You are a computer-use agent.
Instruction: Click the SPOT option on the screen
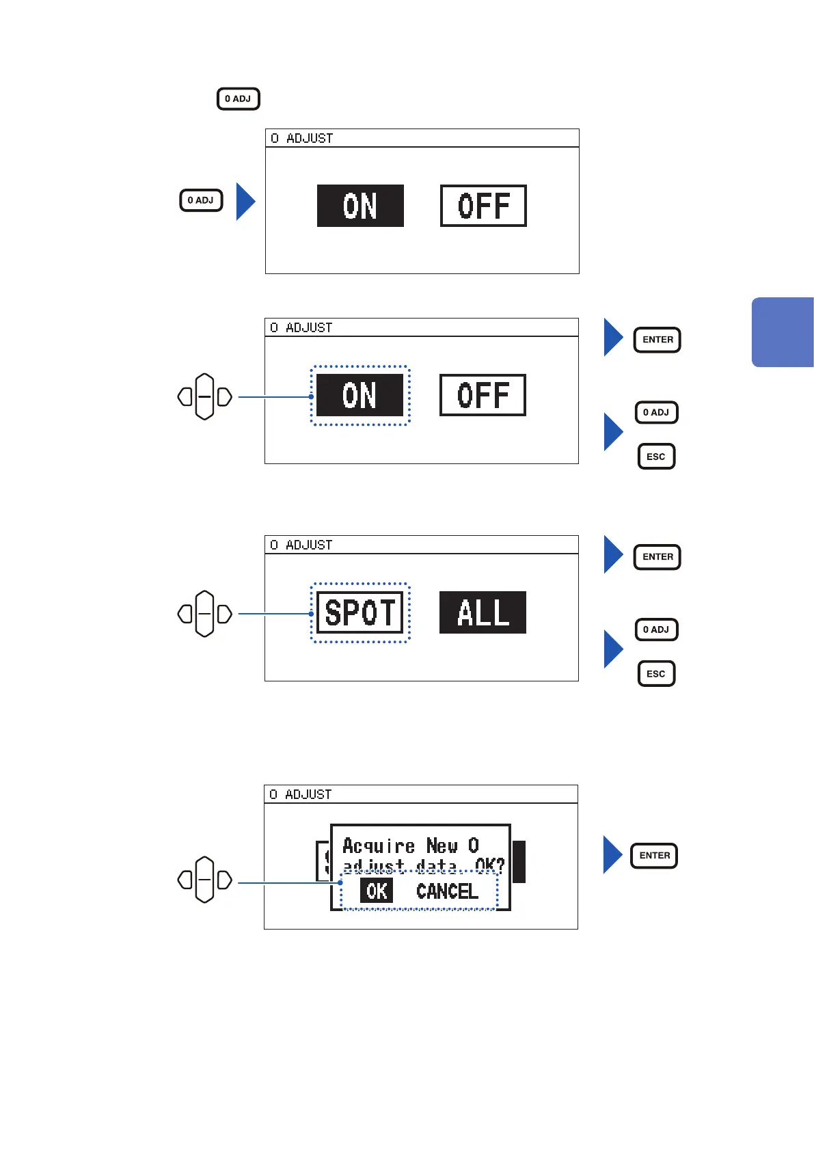pos(360,612)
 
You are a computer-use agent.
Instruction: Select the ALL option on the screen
pos(483,612)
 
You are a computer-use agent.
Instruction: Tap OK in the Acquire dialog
pos(377,891)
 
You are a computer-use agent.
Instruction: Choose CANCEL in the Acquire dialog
pos(447,891)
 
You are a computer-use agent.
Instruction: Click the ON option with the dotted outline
pos(359,395)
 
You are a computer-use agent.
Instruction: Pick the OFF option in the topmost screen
pos(483,206)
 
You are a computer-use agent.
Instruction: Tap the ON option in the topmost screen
pos(360,206)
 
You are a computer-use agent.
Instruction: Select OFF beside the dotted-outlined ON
pos(483,395)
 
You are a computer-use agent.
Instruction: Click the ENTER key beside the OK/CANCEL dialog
pos(654,856)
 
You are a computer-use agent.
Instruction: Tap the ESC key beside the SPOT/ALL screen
pos(656,674)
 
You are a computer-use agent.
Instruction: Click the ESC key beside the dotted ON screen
pos(656,457)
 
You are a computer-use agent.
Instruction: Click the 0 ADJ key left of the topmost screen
pos(201,200)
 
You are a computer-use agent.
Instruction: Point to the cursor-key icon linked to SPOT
pos(204,614)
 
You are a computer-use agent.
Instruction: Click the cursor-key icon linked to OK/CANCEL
pos(204,880)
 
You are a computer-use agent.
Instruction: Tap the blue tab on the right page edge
pos(783,332)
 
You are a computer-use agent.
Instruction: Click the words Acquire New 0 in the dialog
pos(410,846)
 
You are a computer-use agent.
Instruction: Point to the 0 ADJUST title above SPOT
pos(301,545)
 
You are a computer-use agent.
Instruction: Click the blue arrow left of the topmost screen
pos(245,202)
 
